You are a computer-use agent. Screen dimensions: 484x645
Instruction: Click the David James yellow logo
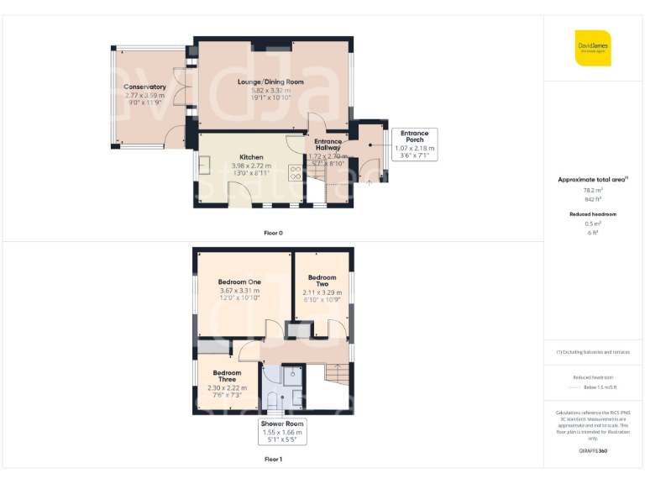593,48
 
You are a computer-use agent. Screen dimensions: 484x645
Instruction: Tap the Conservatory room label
144,87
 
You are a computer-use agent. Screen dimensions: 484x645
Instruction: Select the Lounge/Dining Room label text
270,82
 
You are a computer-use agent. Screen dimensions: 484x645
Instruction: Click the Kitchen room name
251,157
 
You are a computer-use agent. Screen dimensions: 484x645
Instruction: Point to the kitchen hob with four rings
296,172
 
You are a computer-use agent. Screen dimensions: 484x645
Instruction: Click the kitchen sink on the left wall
204,166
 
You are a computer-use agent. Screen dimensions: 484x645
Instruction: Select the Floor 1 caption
273,460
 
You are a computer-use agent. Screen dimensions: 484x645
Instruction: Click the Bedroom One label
239,281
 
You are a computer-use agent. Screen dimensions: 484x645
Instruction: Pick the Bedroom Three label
227,376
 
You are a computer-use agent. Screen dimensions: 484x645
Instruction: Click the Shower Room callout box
282,430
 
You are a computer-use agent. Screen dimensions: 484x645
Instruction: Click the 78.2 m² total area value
593,191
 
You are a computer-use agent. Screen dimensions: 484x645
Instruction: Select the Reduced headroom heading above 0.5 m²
593,214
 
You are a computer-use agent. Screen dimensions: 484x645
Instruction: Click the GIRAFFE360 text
593,451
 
